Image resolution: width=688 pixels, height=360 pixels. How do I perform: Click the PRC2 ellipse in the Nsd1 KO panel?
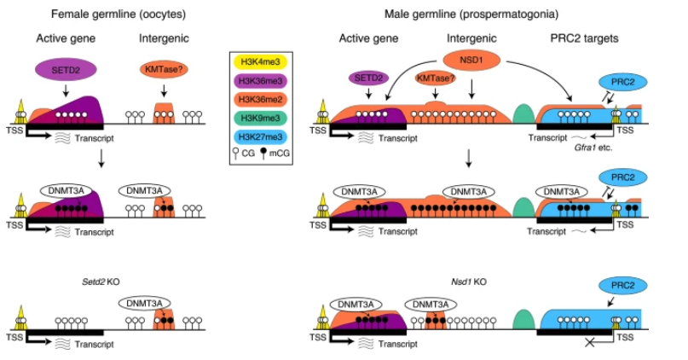pyautogui.click(x=620, y=287)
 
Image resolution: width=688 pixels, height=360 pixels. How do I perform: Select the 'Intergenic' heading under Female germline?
pyautogui.click(x=163, y=38)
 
